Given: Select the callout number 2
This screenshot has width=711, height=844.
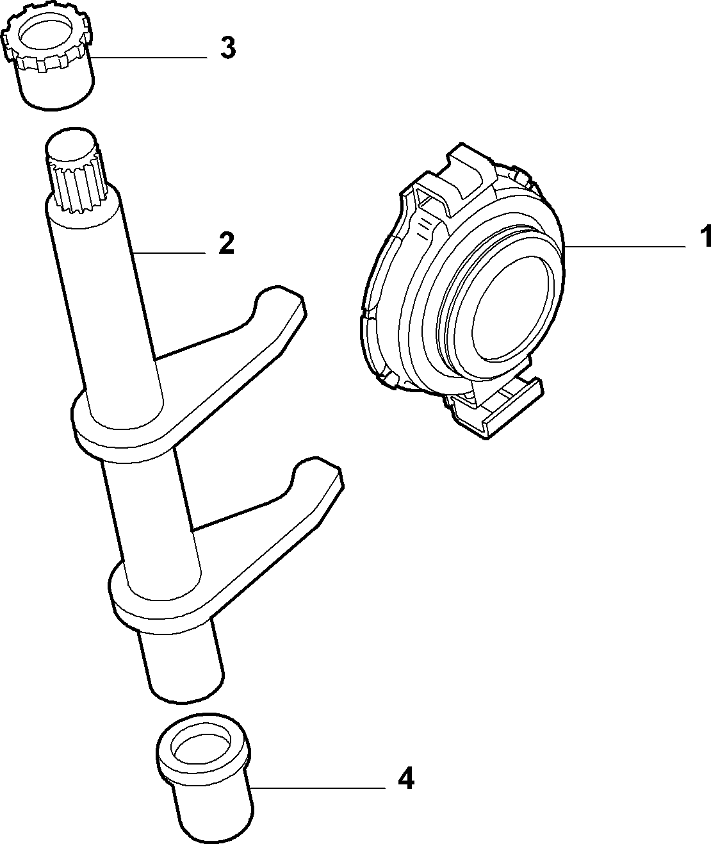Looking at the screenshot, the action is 226,243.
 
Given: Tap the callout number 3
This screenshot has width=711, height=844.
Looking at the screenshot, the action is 228,48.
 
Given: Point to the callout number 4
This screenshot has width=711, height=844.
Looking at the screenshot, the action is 406,777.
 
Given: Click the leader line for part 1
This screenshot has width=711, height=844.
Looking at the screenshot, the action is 625,246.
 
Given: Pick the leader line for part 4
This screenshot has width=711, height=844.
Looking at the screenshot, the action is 318,787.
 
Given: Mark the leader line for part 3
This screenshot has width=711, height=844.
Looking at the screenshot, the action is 149,58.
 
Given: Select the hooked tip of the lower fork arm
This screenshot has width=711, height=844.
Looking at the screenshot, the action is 318,473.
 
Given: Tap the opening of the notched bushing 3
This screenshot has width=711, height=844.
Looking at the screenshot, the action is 47,35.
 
